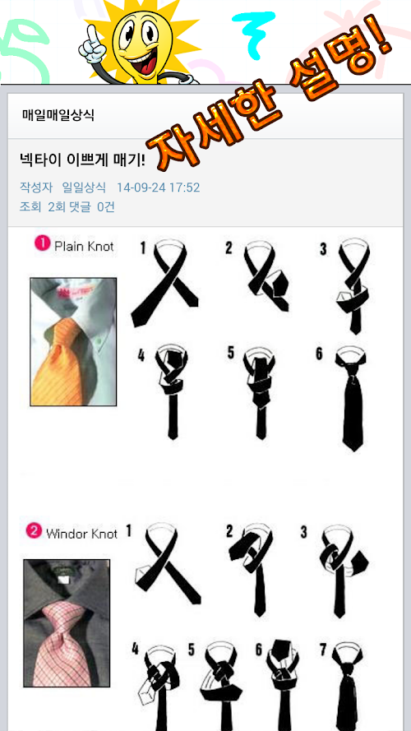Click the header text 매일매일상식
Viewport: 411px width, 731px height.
point(58,115)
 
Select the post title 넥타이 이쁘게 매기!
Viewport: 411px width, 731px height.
point(82,160)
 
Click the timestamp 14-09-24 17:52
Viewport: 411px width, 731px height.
point(158,187)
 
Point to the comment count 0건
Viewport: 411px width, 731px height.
point(106,207)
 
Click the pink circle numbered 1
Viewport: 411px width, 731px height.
point(42,243)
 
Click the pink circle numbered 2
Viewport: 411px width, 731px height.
point(33,531)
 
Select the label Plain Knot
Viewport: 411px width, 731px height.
point(84,246)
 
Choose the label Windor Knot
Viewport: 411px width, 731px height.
point(81,534)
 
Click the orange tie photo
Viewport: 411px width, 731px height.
point(73,342)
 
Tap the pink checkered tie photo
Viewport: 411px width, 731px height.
point(67,623)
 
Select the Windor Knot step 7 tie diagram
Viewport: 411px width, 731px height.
point(349,686)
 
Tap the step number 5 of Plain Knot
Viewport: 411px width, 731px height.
point(231,353)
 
